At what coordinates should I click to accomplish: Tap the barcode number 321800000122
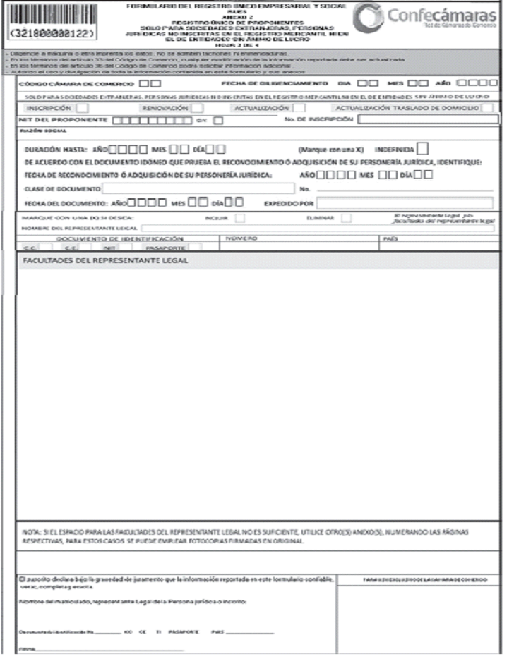(x=54, y=33)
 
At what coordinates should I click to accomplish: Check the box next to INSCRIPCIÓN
(x=82, y=108)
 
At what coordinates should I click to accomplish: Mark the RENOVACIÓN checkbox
(x=197, y=108)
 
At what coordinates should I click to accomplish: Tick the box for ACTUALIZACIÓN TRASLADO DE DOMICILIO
(x=487, y=108)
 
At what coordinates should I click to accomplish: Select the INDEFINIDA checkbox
(x=422, y=149)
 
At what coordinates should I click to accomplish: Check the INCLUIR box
(x=239, y=218)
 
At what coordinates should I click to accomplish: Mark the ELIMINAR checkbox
(x=346, y=218)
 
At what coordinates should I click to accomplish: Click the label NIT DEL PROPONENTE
(x=63, y=120)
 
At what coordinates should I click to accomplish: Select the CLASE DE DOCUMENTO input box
(x=198, y=188)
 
